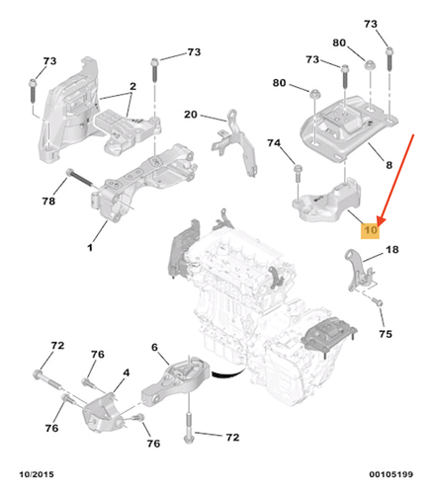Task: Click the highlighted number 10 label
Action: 371,230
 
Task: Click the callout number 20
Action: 191,114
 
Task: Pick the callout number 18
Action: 392,252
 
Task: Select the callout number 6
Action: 154,347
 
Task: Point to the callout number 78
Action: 47,202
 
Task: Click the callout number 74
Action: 274,143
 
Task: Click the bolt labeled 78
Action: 80,181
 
